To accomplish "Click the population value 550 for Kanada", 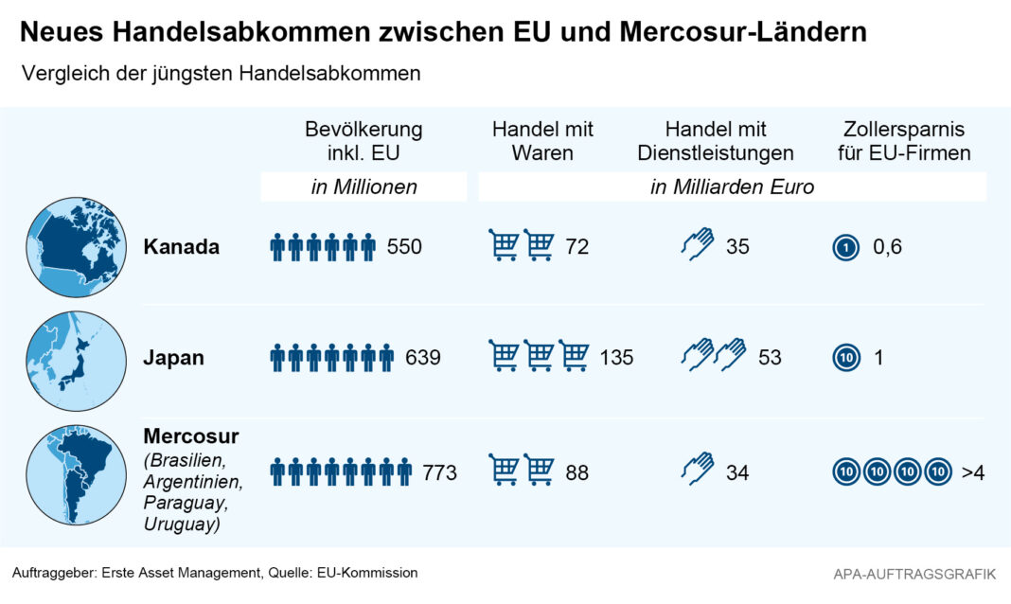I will (x=404, y=247).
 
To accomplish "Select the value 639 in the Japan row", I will (x=423, y=358).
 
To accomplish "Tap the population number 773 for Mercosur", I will (x=440, y=471).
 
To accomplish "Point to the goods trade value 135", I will (x=616, y=358).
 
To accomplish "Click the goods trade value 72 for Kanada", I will (x=577, y=247).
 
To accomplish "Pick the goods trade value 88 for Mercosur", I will (x=577, y=471).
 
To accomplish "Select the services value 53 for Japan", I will (x=770, y=358).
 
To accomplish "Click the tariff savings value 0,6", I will (x=887, y=247).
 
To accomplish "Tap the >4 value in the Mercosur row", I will (x=973, y=471).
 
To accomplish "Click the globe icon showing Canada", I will (x=76, y=247).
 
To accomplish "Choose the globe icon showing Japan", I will (x=76, y=361).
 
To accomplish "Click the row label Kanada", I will (x=182, y=247).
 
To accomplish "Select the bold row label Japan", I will (x=174, y=358).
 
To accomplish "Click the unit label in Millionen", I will (x=364, y=187).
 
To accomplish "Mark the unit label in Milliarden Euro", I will (x=732, y=187).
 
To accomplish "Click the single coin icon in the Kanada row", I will (x=844, y=248).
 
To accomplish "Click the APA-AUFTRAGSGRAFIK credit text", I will (x=914, y=574).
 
